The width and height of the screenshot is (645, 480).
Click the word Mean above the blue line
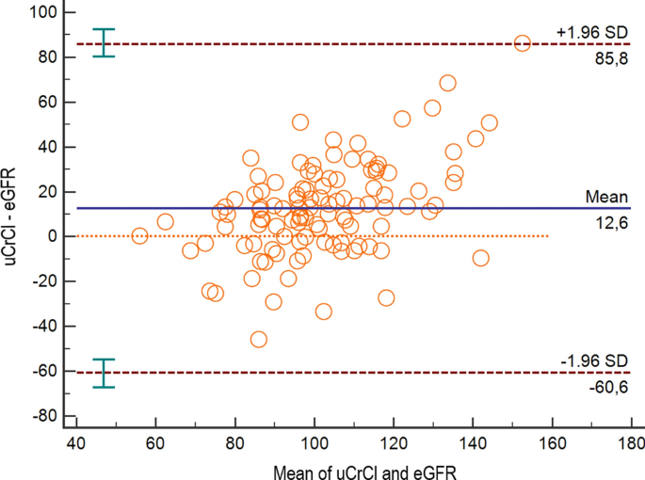[602, 197]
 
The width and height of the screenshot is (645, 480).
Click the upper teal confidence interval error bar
[104, 42]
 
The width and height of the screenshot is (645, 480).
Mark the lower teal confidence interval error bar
[104, 373]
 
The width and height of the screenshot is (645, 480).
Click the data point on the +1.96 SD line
[522, 43]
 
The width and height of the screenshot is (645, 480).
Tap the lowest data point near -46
[258, 339]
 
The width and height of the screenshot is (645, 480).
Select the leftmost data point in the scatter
[139, 235]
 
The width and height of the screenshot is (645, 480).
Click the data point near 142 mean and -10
[481, 258]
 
